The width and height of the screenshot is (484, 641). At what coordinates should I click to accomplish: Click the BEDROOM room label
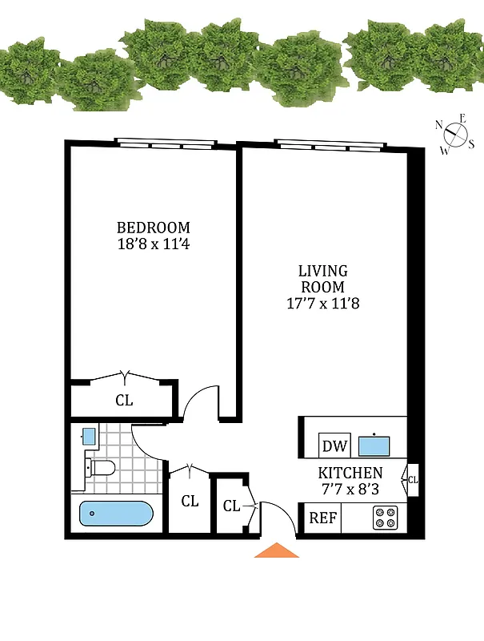154,227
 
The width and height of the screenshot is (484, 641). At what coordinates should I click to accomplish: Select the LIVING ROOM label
322,279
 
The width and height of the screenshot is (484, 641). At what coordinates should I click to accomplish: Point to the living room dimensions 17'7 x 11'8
322,304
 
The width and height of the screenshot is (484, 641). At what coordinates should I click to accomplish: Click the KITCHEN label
350,473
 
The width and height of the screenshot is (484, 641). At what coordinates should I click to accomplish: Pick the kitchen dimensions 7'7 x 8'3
350,488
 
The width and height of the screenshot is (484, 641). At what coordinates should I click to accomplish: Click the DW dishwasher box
331,445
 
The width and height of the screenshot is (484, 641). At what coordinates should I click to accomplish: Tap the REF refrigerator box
322,518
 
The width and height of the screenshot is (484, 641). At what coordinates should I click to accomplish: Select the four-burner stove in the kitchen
385,518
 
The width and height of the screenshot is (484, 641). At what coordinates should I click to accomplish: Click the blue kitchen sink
373,444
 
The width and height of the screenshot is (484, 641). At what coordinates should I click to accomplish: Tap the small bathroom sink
89,437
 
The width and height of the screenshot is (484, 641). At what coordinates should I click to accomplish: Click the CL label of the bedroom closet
124,400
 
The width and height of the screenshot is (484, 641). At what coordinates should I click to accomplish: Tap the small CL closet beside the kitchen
413,480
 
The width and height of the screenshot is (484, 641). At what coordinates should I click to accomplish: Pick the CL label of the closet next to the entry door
231,506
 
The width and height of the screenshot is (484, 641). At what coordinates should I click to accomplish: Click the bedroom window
166,144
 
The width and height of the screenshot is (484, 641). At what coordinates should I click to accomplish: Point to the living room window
330,144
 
